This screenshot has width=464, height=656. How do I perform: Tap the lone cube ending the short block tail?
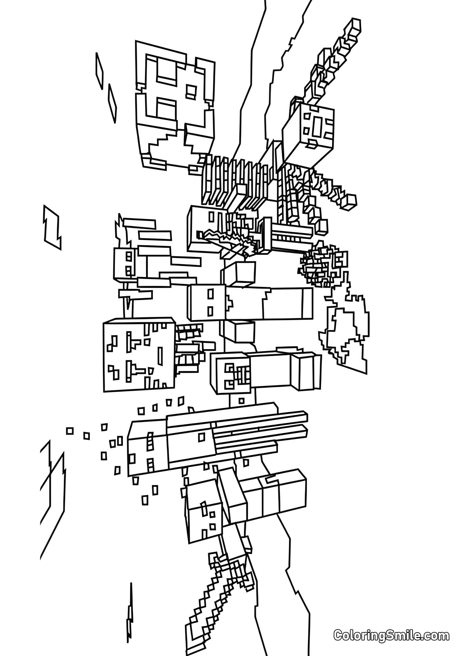pos(351,200)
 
